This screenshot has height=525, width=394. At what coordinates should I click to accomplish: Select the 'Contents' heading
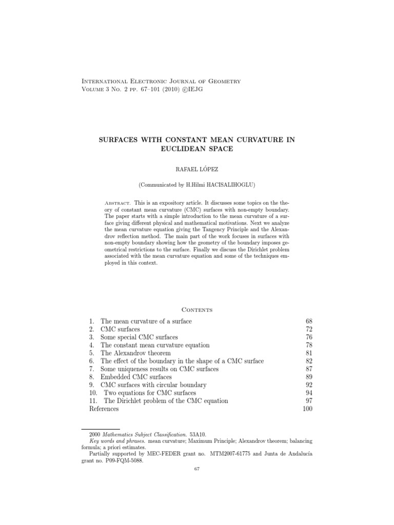tap(197, 310)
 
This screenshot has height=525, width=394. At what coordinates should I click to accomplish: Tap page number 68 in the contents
tap(308, 321)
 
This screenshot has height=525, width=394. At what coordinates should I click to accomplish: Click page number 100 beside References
tap(307, 409)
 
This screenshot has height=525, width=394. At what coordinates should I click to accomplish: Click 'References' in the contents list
tap(104, 409)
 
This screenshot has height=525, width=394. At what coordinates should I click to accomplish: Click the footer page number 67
tap(197, 469)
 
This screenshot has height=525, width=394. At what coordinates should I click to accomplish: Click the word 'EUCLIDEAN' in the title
tap(178, 149)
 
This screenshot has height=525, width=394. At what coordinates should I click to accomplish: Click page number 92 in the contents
tap(308, 385)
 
